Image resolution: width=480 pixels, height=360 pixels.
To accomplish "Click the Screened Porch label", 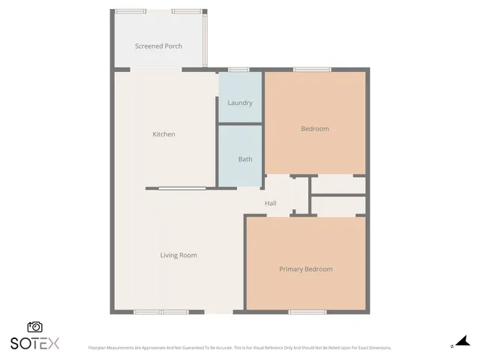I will coord(158,46).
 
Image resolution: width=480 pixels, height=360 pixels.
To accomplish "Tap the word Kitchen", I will coord(163,134).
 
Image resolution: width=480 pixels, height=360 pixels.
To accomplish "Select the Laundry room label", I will coord(240,103).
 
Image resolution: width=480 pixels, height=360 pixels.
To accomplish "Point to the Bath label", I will coord(245,159).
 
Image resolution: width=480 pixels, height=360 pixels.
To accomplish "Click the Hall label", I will coord(271,203).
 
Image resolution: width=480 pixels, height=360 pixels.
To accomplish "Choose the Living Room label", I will coord(178,255).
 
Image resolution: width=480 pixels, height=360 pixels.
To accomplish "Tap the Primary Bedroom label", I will coord(305,269).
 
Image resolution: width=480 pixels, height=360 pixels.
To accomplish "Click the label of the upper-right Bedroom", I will coord(315,129).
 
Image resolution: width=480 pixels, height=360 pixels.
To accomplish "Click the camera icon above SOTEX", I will coord(34,327).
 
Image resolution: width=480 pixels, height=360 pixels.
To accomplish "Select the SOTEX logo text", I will coord(34,343).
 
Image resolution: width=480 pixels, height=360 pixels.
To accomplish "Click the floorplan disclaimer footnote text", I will coord(240,348).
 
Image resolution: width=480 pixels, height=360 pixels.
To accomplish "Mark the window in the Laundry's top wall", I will coord(238,70).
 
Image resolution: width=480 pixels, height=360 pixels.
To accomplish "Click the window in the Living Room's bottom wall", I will coord(161,311).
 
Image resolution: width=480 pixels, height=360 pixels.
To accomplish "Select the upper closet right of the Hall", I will coord(337,184).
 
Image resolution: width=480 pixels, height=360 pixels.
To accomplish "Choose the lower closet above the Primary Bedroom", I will coord(337,205).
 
